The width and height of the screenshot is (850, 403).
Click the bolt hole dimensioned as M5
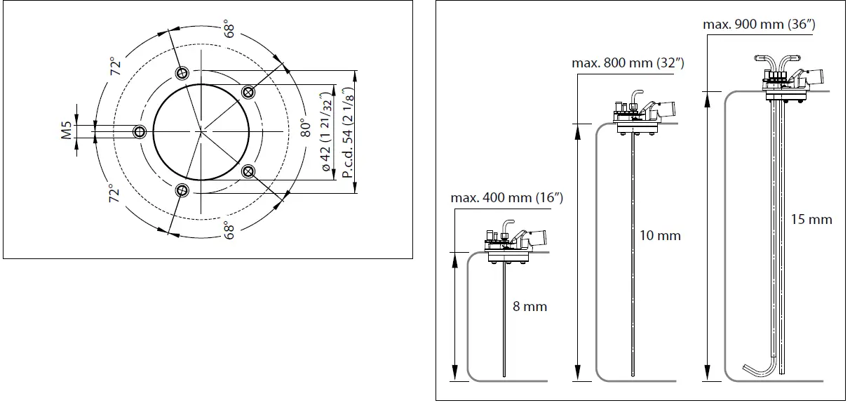[140, 131]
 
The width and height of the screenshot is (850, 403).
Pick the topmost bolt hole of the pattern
[182, 73]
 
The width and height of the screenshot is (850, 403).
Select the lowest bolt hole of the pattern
[182, 190]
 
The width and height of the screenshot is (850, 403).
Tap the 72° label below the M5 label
[114, 194]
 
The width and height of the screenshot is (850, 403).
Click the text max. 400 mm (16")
[508, 198]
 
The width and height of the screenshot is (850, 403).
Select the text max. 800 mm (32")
[628, 62]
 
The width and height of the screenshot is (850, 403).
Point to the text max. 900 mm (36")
[759, 25]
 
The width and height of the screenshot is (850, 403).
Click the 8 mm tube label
[529, 307]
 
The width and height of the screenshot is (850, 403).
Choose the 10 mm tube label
[660, 235]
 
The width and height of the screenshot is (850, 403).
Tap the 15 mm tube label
[811, 220]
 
